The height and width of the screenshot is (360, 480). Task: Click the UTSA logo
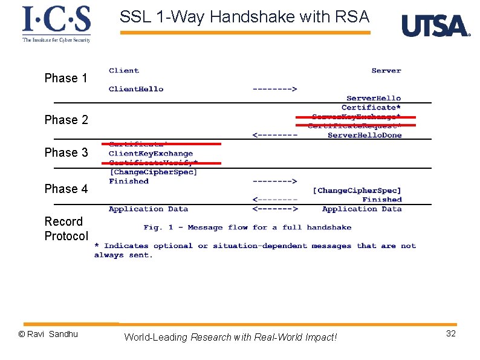click(x=435, y=26)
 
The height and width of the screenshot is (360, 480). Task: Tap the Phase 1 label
click(x=66, y=78)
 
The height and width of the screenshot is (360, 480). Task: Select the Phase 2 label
click(x=66, y=120)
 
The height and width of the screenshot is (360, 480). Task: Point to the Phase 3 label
click(x=66, y=152)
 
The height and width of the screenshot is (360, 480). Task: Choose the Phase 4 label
click(x=66, y=189)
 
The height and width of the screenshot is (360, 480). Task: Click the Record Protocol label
click(x=66, y=229)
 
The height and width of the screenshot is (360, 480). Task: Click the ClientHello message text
click(x=136, y=89)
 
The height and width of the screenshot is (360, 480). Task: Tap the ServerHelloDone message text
click(x=365, y=135)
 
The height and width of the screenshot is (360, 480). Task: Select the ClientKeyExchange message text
click(x=151, y=154)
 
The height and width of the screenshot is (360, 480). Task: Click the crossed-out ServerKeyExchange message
click(x=356, y=117)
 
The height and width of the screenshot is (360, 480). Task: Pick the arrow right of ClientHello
click(x=274, y=89)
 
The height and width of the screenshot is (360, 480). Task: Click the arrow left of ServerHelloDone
click(x=274, y=135)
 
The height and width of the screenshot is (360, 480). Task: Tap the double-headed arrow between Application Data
click(x=274, y=209)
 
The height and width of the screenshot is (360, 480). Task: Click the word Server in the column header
click(x=386, y=71)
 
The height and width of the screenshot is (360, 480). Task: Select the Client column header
click(x=124, y=71)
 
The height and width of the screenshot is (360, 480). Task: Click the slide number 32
click(x=450, y=334)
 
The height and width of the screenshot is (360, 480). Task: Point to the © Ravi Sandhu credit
click(x=48, y=334)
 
